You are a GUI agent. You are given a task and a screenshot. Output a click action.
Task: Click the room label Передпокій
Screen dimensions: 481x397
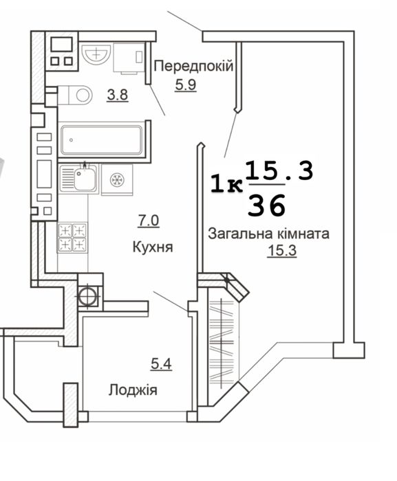click(193, 67)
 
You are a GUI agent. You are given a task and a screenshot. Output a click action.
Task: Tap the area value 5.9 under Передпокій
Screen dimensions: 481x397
click(182, 87)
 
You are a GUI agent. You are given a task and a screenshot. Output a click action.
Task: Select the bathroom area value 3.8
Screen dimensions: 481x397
click(116, 96)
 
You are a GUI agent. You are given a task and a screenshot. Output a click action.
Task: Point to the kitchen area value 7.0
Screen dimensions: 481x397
click(149, 221)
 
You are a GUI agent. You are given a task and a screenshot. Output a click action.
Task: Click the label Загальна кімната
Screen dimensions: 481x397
click(268, 234)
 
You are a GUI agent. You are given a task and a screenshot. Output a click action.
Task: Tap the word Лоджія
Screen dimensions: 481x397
click(133, 390)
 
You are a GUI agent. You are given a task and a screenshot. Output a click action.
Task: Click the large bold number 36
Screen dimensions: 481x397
click(268, 204)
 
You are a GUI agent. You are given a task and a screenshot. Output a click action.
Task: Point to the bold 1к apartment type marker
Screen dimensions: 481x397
click(226, 183)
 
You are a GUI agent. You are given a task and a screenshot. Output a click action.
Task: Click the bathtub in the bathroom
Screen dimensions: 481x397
click(104, 139)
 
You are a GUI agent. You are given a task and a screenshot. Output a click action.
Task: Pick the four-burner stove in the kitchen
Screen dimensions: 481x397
click(72, 237)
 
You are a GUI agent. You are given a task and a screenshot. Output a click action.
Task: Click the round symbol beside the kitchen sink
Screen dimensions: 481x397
click(116, 179)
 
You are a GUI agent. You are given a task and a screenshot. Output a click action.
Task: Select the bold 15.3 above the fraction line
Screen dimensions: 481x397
click(279, 170)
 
